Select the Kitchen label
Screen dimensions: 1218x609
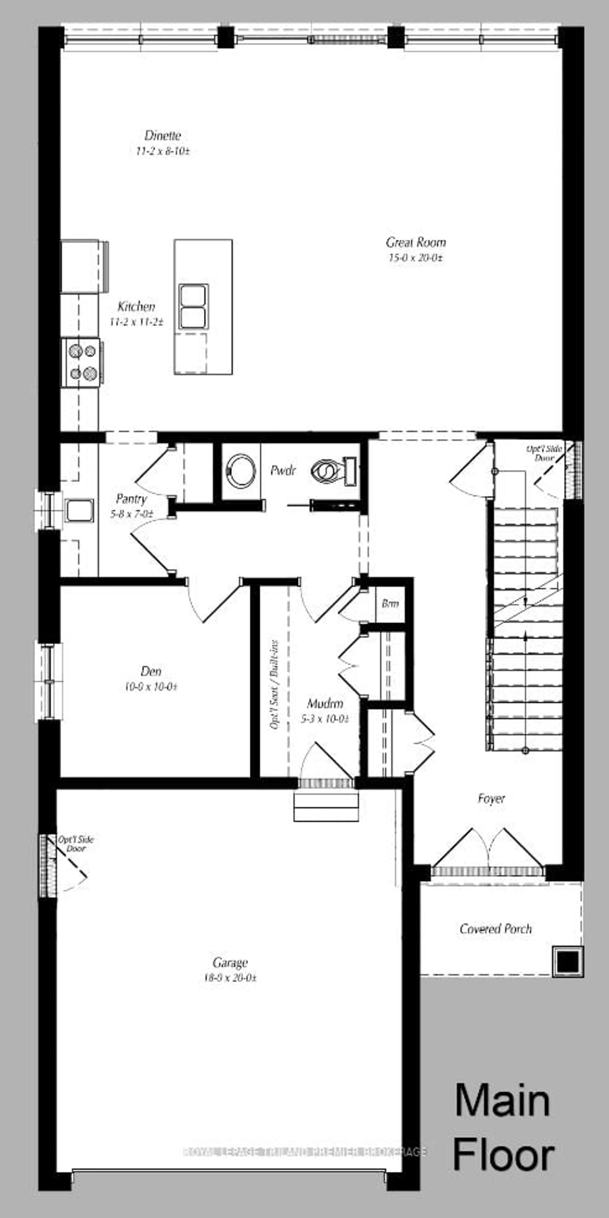[x=136, y=306]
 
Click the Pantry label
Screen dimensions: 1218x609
[x=131, y=499]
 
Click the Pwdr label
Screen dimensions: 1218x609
[x=283, y=470]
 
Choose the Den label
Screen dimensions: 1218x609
[x=151, y=671]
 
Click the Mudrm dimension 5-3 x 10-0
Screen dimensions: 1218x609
[x=325, y=719]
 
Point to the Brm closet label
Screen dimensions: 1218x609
[x=390, y=604]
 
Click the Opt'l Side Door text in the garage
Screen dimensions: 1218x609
[x=76, y=844]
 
